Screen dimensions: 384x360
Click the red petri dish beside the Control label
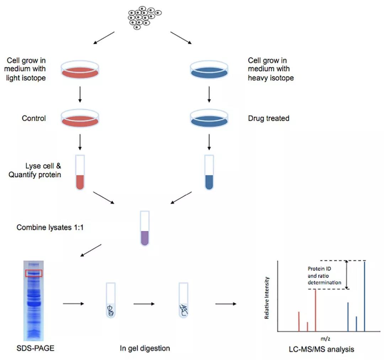pos(80,118)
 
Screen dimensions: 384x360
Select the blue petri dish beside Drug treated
pos(209,118)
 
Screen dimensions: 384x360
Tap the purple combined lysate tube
pos(145,228)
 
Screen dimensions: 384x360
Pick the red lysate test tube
pos(80,172)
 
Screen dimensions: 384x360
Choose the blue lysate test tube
pos(209,172)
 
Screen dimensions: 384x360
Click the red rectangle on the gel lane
pos(34,273)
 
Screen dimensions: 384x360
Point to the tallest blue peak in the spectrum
pos(364,297)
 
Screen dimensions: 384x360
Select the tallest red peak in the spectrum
pos(315,311)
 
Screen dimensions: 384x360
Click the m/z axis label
pos(325,339)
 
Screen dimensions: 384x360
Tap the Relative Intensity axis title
pos(267,298)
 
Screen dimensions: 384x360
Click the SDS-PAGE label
pos(35,348)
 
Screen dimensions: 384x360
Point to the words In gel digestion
pos(145,348)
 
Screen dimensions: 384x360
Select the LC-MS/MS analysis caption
pos(321,349)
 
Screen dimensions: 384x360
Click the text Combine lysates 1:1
pos(50,227)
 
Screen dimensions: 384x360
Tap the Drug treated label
pos(268,118)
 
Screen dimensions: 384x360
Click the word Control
pos(34,118)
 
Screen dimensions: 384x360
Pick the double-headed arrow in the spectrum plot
pos(347,275)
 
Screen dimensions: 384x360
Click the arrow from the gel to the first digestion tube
pos(74,304)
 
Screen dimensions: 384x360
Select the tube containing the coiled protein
pos(111,300)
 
